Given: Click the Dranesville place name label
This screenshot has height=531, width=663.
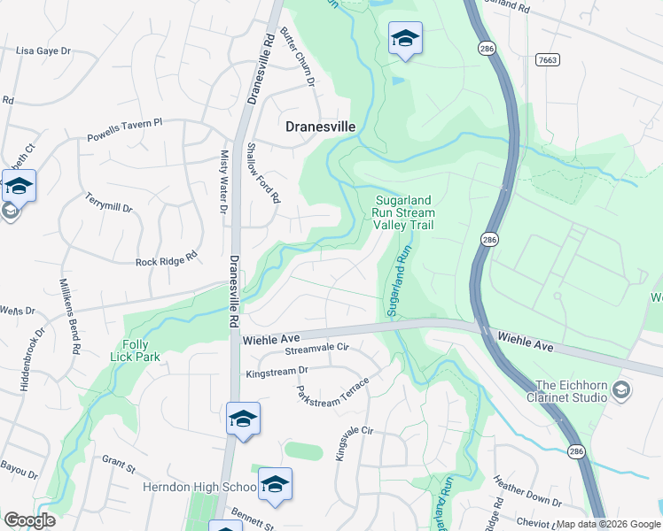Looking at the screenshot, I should point(320,127).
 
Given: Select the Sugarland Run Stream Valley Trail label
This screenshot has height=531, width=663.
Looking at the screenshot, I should point(404,212).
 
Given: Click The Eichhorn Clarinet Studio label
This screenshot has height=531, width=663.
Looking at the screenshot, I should point(571,391).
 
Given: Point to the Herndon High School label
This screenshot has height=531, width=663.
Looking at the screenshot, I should point(197,487).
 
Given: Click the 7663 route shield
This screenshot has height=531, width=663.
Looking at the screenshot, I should point(548,59).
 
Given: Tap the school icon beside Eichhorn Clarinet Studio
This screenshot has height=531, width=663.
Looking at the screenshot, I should point(622,390).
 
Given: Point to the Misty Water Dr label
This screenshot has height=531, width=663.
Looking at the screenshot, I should point(223,182).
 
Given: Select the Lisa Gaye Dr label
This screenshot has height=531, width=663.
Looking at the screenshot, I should point(43,51).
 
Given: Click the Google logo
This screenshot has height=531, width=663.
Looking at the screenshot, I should point(29,520).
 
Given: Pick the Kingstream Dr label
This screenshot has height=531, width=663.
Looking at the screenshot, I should point(277,372).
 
